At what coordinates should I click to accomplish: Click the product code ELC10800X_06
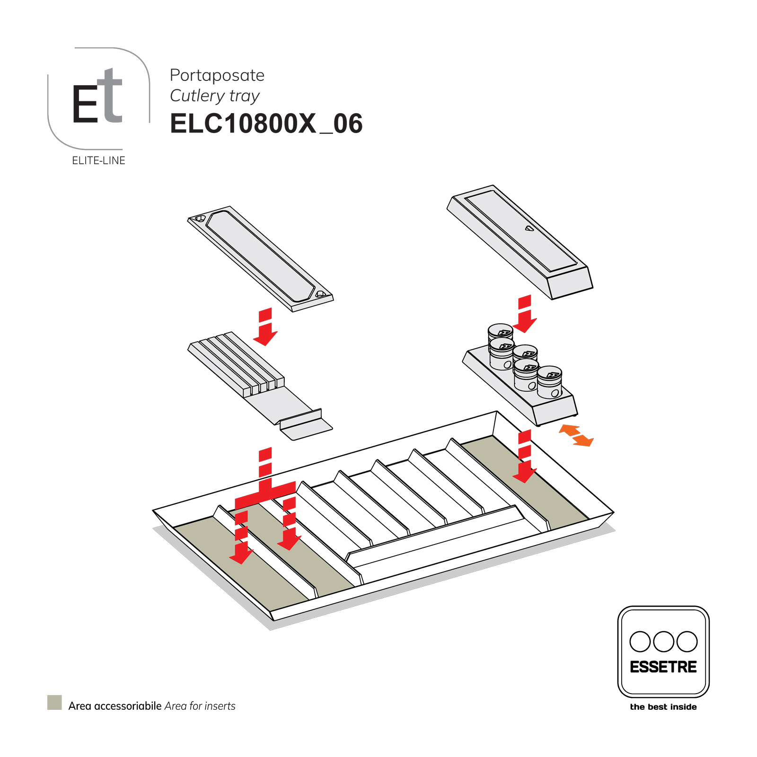(x=266, y=124)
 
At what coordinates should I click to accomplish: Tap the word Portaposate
(x=217, y=75)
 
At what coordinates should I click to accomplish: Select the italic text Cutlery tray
(x=214, y=96)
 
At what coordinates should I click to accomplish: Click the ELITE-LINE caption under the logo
(x=98, y=161)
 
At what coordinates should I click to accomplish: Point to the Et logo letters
(x=97, y=98)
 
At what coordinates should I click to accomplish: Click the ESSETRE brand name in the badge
(x=663, y=667)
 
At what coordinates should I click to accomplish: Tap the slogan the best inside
(x=663, y=707)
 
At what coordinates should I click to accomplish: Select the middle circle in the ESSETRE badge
(x=663, y=642)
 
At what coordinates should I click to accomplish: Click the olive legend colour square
(x=54, y=702)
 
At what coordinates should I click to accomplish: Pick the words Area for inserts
(x=200, y=706)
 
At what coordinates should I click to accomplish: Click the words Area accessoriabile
(x=115, y=706)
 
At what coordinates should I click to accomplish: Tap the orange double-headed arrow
(x=576, y=435)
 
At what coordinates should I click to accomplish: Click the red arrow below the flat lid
(x=265, y=326)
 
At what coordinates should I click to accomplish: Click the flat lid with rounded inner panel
(x=260, y=258)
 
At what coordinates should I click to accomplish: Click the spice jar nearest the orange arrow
(x=550, y=382)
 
